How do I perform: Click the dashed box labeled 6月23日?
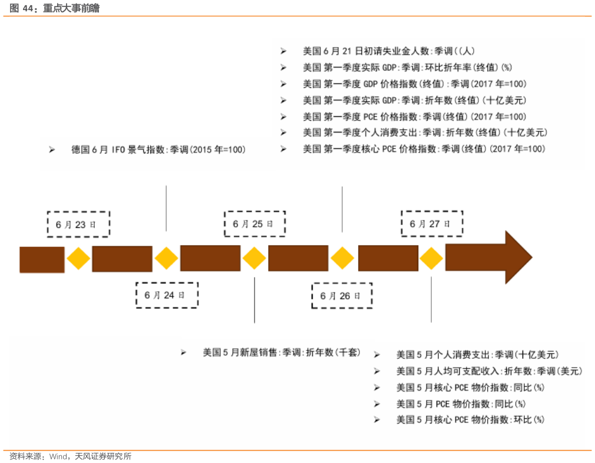click(x=78, y=224)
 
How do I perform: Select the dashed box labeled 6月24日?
click(x=167, y=295)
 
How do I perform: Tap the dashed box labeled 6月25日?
click(x=254, y=224)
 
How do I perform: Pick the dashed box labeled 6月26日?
click(x=342, y=296)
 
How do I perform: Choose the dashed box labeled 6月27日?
click(x=432, y=224)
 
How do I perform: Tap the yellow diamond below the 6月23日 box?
click(x=78, y=259)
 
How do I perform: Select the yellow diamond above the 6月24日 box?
click(x=166, y=259)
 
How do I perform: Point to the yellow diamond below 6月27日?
click(x=431, y=259)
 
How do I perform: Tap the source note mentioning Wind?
click(x=71, y=457)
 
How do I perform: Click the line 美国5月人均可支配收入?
click(x=489, y=371)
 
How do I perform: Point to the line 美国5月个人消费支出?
click(x=477, y=355)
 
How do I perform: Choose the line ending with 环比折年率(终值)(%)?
click(x=407, y=67)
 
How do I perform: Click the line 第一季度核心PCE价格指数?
click(x=424, y=149)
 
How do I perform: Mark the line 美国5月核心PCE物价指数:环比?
click(x=470, y=420)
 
